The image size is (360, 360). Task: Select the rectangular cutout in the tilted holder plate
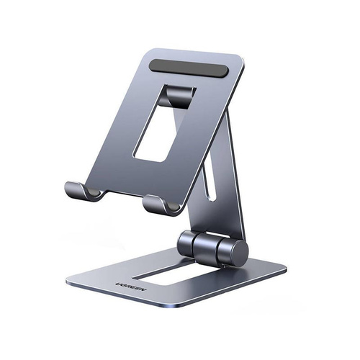pos(164,124)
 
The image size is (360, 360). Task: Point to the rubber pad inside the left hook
pos(92,192)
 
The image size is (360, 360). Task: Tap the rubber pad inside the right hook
pos(173,206)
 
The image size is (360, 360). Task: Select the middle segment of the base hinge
pos(206,246)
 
